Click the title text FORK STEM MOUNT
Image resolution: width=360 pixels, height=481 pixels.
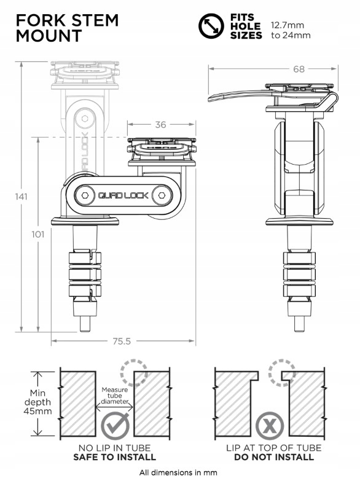[x=67, y=27]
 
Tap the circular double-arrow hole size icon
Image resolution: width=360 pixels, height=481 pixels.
[x=211, y=26]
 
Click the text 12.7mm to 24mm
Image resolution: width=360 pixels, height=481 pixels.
[x=291, y=31]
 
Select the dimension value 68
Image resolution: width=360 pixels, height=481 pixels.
[x=299, y=69]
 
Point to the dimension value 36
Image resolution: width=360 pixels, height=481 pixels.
[x=160, y=125]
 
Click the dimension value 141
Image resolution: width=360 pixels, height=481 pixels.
[x=22, y=197]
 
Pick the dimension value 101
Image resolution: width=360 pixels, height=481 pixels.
[x=39, y=235]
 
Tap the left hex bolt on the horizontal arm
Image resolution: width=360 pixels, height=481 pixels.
[x=84, y=195]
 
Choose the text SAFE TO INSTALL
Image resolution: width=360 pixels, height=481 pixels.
[x=114, y=457]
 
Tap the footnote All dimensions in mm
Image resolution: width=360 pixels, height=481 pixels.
[x=178, y=472]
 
